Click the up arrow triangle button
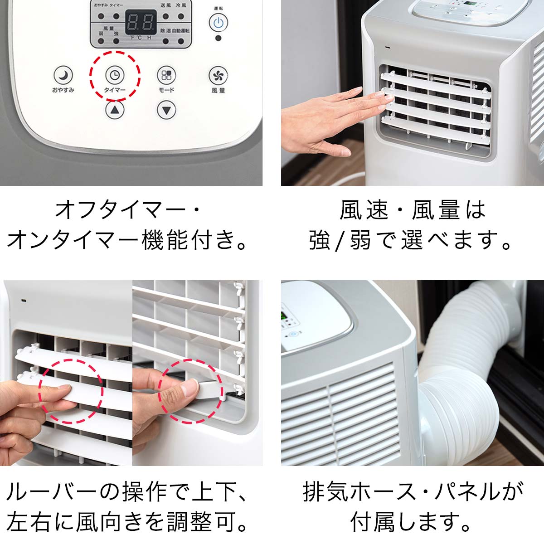[x=115, y=109]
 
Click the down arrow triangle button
[x=166, y=109]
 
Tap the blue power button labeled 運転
[x=218, y=22]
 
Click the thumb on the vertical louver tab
[x=179, y=388]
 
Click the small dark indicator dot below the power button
[x=219, y=38]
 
